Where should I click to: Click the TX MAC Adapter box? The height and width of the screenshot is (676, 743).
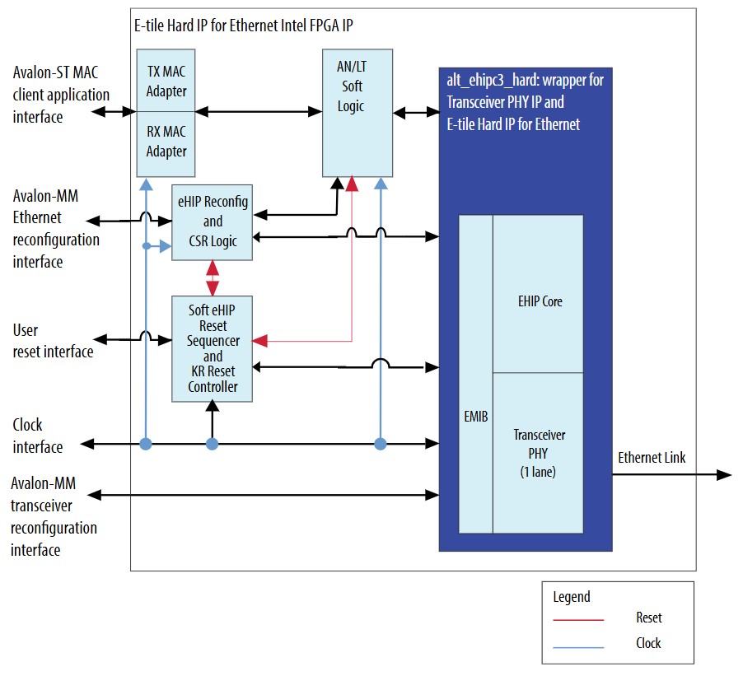click(x=166, y=80)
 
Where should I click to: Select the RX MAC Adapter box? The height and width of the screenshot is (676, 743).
click(x=166, y=142)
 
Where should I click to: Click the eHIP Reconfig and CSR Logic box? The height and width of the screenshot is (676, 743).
click(x=213, y=222)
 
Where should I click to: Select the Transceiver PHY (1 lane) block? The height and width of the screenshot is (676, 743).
click(x=539, y=452)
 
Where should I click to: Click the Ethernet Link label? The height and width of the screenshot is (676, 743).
click(x=652, y=458)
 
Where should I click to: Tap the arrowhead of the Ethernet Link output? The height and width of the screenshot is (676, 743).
click(x=724, y=475)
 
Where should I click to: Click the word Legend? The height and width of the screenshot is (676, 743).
click(x=572, y=597)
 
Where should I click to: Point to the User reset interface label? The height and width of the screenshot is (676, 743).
click(x=53, y=341)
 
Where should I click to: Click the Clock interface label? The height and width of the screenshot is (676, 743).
click(x=38, y=436)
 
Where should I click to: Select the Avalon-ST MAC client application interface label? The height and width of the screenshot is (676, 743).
click(x=60, y=95)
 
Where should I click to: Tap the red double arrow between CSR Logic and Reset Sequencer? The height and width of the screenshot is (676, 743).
click(x=213, y=278)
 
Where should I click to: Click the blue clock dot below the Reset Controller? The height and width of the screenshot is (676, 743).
click(x=213, y=445)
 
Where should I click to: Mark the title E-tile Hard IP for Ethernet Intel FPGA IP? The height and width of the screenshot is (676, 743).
click(x=244, y=26)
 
